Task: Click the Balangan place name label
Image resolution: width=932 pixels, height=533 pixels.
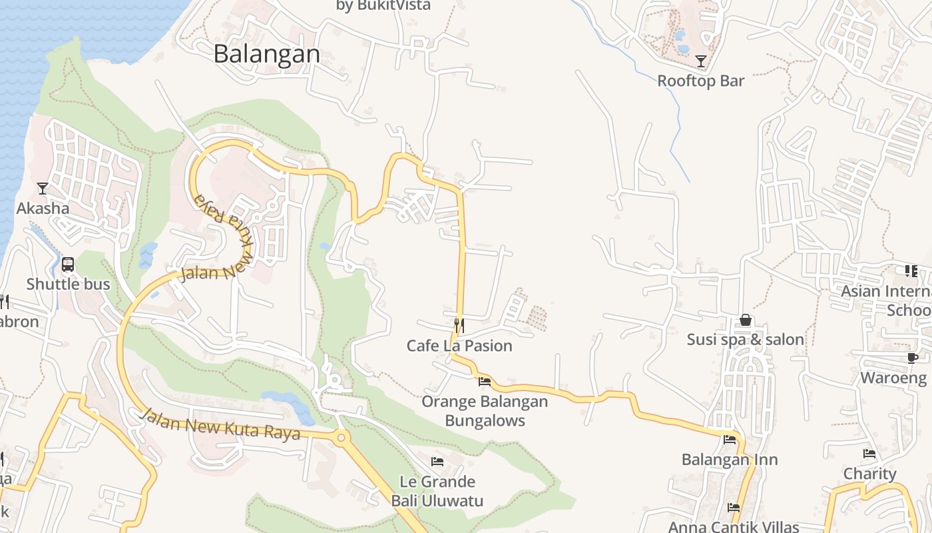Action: click(x=266, y=54)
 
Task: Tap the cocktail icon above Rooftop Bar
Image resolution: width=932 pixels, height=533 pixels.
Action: click(x=700, y=61)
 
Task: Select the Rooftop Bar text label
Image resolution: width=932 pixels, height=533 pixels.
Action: click(x=700, y=81)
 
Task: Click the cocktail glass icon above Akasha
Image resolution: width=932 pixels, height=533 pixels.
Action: click(x=43, y=189)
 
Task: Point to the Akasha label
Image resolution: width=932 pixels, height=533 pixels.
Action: click(x=43, y=209)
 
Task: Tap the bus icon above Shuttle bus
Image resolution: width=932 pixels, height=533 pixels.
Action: click(x=68, y=265)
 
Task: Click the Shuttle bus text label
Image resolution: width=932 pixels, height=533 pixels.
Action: click(x=68, y=284)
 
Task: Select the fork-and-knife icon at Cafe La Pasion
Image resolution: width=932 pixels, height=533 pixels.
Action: click(x=459, y=326)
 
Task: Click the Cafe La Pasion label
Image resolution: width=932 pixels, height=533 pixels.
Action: click(x=459, y=346)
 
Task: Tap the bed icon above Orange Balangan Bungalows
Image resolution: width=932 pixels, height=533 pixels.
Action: click(x=485, y=382)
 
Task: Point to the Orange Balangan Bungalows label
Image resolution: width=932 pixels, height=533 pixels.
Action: click(x=485, y=411)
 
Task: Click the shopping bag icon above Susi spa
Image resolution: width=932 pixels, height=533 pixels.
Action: click(x=746, y=320)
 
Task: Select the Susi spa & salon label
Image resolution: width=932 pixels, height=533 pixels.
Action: click(x=746, y=340)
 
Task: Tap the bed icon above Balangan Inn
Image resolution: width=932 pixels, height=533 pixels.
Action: click(x=730, y=440)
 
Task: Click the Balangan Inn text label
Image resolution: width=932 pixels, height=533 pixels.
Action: click(x=730, y=460)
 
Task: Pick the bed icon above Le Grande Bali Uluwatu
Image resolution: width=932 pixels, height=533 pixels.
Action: click(x=437, y=461)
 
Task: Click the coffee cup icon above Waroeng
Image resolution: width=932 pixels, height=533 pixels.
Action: click(x=912, y=358)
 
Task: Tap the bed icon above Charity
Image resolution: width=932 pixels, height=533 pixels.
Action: click(x=869, y=454)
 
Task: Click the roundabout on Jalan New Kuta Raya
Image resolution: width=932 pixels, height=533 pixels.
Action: click(x=342, y=438)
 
